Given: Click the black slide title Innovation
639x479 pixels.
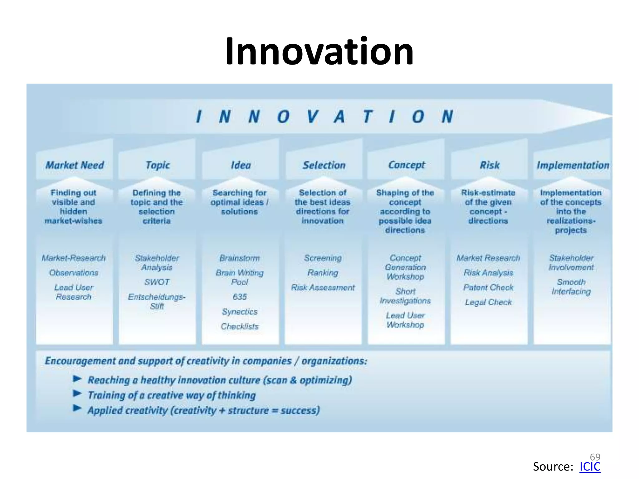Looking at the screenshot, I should [x=319, y=51].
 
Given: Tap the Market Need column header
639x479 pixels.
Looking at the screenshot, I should [x=75, y=165].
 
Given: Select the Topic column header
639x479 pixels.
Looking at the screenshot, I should [x=158, y=165].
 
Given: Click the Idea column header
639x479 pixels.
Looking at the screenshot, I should [x=241, y=165].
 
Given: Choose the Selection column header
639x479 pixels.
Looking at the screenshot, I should [x=324, y=165].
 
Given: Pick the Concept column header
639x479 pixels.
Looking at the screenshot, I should [x=406, y=165].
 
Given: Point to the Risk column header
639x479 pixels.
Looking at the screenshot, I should [x=489, y=165].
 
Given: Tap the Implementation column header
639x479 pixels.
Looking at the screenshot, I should [x=573, y=165].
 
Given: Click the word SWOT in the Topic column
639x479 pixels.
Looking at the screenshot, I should [x=157, y=282].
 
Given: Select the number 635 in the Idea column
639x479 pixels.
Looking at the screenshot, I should [x=240, y=297].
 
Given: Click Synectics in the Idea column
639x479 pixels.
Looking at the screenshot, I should [x=240, y=312].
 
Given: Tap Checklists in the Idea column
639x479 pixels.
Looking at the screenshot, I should [x=240, y=326].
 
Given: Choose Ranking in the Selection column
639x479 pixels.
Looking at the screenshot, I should [x=323, y=273].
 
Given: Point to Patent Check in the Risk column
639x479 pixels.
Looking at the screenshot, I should [x=488, y=287].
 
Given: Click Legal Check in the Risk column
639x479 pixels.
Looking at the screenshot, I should [x=488, y=302].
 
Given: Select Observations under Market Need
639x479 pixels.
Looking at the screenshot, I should [x=74, y=273].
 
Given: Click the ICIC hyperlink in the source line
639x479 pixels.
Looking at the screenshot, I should [x=590, y=467].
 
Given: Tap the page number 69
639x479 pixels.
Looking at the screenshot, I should [x=595, y=457].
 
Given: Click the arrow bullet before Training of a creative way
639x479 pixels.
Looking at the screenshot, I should [x=77, y=393].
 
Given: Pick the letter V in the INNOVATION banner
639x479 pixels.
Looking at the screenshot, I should [x=312, y=117].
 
